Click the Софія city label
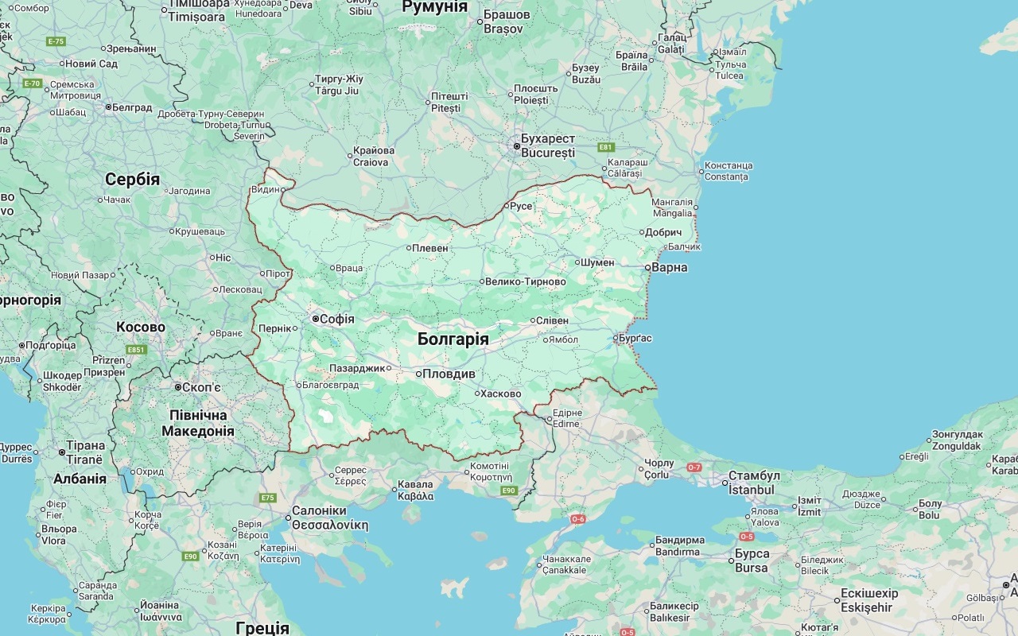pos(336,319)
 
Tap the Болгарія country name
pos(453,339)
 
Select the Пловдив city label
pos(449,374)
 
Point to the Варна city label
pos(669,267)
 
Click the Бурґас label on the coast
pos(635,338)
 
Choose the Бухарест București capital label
pos(547,145)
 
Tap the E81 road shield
pos(607,147)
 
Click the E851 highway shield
pos(136,350)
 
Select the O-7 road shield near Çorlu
pos(694,467)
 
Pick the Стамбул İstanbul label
pos(754,483)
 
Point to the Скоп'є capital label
pos(201,387)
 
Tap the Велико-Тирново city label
pos(524,281)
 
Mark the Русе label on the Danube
pos(521,206)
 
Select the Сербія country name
pos(132,180)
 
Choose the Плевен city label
pos(430,248)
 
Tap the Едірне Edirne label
pos(567,418)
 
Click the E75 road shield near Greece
pos(268,498)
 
